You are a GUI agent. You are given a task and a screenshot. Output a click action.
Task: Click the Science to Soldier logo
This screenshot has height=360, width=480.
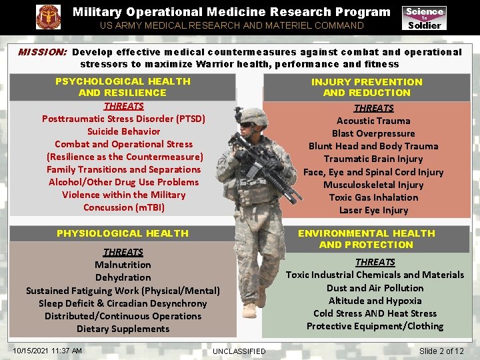pos(424,18)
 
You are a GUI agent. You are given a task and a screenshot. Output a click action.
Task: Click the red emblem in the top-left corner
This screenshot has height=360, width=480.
pos(48,17)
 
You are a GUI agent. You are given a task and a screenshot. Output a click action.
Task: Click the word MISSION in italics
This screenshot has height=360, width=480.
pos(42,52)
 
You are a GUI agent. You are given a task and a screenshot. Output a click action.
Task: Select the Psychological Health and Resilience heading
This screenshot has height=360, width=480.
pos(123,87)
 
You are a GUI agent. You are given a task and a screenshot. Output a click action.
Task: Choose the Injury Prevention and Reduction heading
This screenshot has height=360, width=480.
pos(367,87)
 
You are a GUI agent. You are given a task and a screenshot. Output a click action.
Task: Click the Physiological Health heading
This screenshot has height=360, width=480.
pos(123,233)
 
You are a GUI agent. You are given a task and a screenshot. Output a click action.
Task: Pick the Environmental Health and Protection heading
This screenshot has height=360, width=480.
pos(367,239)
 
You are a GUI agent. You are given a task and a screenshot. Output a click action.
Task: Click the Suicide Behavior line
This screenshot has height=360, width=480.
pos(123,131)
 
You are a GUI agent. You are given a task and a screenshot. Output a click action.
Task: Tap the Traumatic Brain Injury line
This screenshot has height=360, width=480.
pos(373,159)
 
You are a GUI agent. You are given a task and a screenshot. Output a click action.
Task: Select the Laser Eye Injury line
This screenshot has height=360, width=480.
pos(373,210)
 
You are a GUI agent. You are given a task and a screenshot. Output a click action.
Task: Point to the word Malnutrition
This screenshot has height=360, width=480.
pos(123,265)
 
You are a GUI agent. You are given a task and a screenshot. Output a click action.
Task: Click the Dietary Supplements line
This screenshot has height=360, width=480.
pos(123,329)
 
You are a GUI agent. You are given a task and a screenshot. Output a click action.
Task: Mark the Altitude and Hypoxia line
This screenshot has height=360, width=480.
pos(375,301)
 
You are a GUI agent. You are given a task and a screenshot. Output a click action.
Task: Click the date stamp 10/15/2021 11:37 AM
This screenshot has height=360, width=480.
pos(47,351)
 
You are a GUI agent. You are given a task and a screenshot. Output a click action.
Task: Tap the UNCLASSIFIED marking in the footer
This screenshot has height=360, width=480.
pos(239,351)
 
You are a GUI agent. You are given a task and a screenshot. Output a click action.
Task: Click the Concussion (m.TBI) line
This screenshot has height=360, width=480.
pos(123,207)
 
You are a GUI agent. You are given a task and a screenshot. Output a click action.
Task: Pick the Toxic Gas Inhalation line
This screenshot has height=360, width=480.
pos(373,197)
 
